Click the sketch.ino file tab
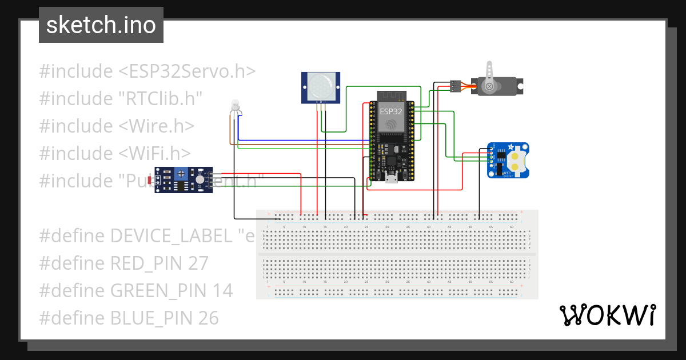[x=101, y=25]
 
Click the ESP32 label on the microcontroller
[x=391, y=111]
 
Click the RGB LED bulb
[x=235, y=105]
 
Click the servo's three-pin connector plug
[x=456, y=86]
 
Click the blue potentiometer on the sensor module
[x=181, y=172]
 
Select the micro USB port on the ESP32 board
[x=392, y=179]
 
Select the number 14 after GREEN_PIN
[x=221, y=291]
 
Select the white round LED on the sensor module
[x=200, y=179]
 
